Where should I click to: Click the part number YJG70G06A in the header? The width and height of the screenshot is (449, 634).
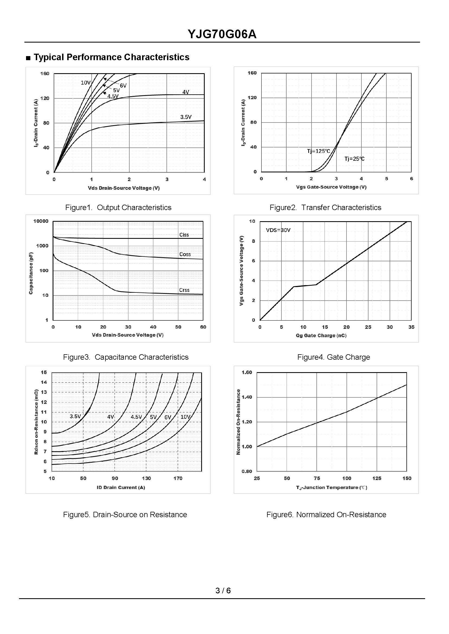(222, 34)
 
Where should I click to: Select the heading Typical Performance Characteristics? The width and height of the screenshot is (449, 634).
(111, 57)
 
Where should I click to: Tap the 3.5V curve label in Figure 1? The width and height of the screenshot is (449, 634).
(186, 117)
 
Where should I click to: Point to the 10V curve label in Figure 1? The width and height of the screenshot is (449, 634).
(86, 82)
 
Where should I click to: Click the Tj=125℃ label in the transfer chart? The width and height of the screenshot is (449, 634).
(319, 151)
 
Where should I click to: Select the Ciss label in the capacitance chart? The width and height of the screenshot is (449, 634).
(184, 235)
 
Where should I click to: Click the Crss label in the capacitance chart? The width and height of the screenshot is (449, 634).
(184, 290)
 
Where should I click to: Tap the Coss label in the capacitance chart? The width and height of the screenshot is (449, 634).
(185, 254)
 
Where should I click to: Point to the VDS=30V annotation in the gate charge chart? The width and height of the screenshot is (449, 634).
(278, 230)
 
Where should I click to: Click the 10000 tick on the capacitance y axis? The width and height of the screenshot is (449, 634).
(41, 221)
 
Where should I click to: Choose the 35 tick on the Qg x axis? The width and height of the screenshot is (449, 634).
(411, 327)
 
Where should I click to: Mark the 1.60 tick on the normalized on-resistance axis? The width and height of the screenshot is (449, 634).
(247, 372)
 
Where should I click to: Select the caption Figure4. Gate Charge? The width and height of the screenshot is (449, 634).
(333, 357)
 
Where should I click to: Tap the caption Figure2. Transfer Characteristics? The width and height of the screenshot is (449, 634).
(325, 208)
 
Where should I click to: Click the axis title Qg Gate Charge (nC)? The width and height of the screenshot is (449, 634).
(321, 335)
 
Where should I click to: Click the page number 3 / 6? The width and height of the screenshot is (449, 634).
(223, 590)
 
